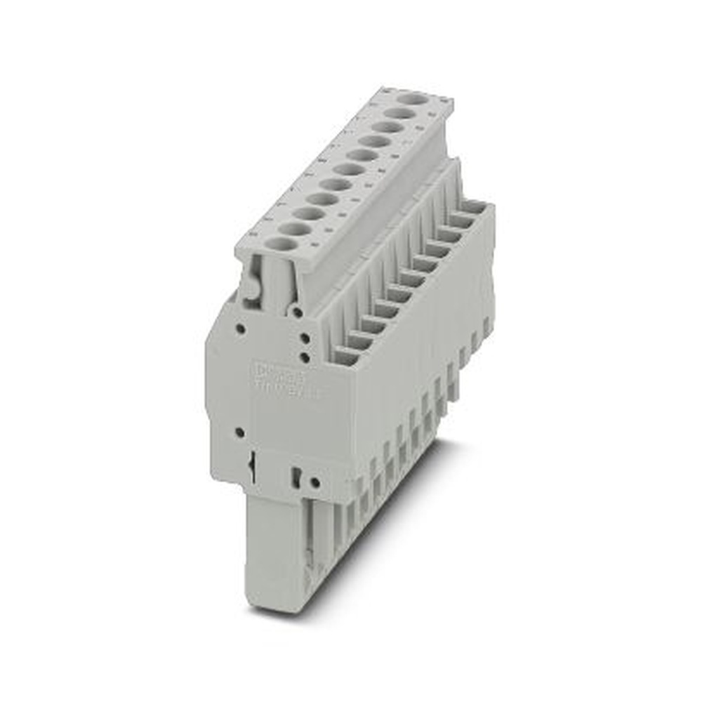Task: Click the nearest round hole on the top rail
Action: click(282, 244)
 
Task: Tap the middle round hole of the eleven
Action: click(349, 169)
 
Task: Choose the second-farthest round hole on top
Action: click(402, 112)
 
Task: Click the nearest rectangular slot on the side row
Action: click(345, 355)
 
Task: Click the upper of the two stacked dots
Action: click(305, 338)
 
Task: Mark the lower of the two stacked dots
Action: click(305, 357)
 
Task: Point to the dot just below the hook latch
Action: click(240, 328)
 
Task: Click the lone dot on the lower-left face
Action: click(239, 432)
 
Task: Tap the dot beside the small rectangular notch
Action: click(315, 482)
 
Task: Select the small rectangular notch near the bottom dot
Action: click(296, 477)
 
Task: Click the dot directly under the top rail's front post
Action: click(298, 311)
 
